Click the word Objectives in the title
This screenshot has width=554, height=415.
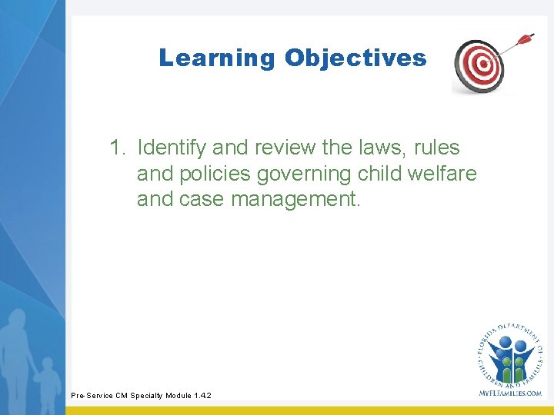coord(355,58)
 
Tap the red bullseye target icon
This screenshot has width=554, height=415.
coord(480,65)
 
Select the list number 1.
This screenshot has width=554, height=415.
coord(117,148)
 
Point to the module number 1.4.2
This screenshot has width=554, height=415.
coord(202,396)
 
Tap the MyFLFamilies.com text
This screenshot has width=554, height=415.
coord(509,393)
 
